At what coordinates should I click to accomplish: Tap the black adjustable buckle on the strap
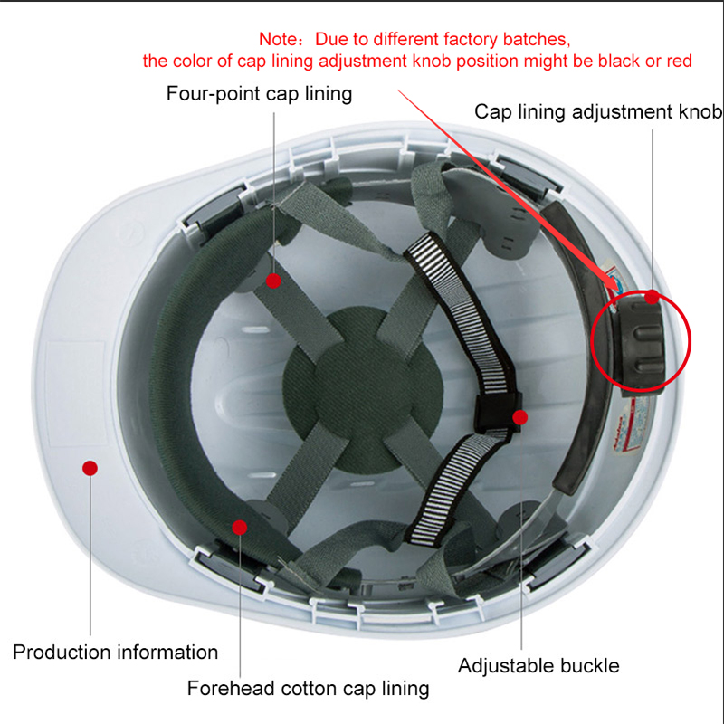[498, 411]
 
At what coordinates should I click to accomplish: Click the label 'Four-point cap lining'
[259, 94]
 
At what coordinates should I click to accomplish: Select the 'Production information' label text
[116, 652]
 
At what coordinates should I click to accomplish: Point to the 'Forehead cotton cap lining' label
[308, 688]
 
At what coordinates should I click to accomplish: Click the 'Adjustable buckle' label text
[538, 665]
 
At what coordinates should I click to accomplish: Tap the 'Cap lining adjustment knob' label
[598, 111]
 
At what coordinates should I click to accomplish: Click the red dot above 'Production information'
[90, 468]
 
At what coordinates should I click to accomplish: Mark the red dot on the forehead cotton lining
[239, 528]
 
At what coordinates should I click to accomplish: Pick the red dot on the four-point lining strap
[273, 281]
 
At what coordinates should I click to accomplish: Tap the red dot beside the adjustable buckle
[519, 417]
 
